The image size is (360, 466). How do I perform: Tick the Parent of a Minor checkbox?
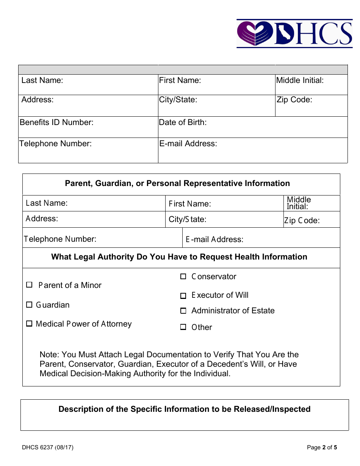(29, 285)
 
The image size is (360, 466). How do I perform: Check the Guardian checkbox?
(29, 305)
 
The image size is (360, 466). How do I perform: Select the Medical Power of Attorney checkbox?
(29, 324)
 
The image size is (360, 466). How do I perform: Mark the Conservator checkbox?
(183, 277)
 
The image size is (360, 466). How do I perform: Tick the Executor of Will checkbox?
(183, 296)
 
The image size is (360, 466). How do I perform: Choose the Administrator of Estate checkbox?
(183, 311)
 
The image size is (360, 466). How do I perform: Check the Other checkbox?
(183, 327)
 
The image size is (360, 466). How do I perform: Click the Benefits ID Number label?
(56, 122)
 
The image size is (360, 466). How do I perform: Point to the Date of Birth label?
(183, 122)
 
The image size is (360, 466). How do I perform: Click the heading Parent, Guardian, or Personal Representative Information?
(177, 183)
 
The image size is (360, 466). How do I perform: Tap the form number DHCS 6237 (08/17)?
(47, 447)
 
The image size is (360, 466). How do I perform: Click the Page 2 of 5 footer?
(322, 447)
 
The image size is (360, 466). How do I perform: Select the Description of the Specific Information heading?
(184, 409)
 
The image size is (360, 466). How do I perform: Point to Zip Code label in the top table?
(294, 100)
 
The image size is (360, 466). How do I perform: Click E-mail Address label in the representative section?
(214, 239)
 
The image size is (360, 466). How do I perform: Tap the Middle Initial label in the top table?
(300, 80)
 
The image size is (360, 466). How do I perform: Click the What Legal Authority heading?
(179, 257)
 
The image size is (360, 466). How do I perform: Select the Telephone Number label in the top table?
(55, 144)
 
